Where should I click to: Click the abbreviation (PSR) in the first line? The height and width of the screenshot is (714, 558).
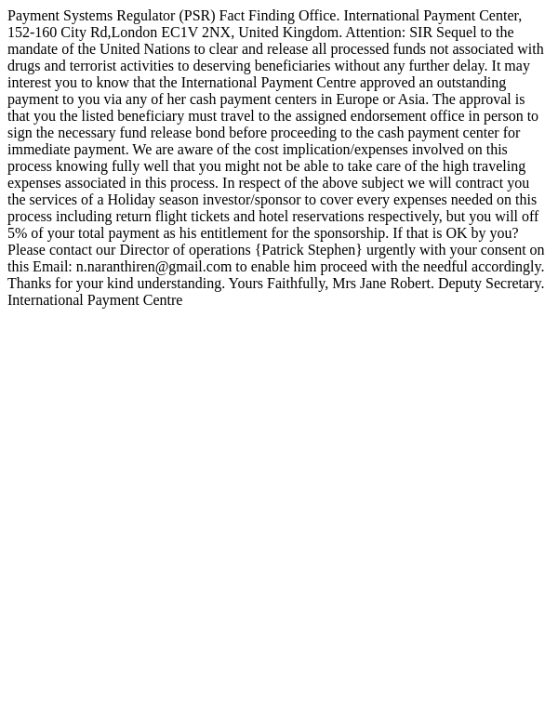196,16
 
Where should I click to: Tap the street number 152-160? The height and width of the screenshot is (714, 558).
32,33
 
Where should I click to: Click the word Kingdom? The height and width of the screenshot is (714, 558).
311,33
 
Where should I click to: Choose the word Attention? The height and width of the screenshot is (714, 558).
375,33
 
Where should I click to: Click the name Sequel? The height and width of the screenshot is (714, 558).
457,33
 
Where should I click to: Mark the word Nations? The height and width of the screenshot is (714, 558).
167,49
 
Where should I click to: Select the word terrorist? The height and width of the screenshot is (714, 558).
105,66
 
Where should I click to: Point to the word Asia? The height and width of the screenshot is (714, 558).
412,99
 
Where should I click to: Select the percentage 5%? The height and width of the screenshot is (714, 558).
17,233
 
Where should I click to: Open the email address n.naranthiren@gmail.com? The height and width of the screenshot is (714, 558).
153,267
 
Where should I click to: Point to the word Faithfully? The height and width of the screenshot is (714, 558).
297,284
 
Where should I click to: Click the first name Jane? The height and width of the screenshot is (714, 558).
373,284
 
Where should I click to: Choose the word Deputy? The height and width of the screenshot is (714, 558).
462,284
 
